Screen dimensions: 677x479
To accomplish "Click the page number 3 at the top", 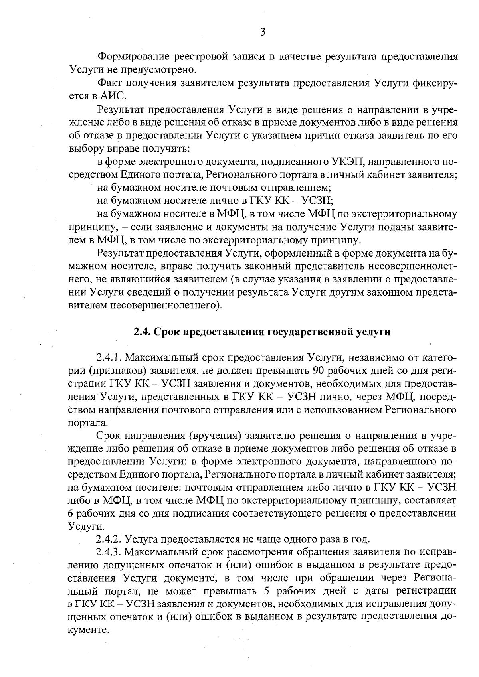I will (x=263, y=32).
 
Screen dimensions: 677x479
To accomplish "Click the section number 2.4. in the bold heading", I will (x=141, y=332).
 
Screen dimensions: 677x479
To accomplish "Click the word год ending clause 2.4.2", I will (x=360, y=539).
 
